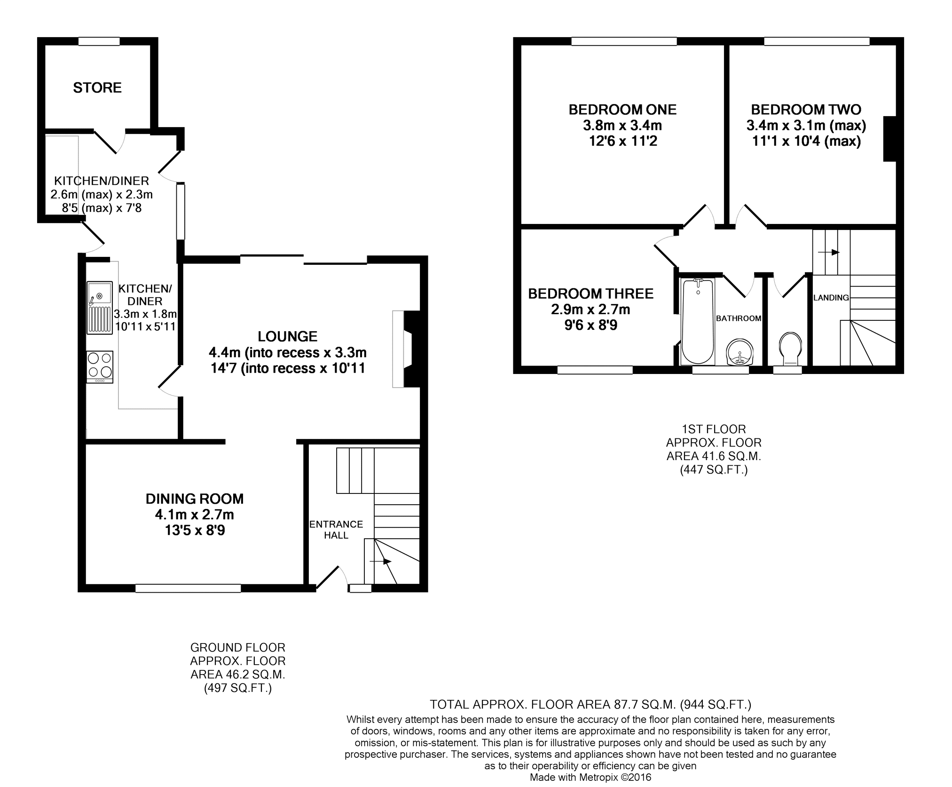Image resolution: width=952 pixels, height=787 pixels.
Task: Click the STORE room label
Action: [97, 87]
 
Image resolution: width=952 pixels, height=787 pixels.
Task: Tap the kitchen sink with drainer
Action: [99, 308]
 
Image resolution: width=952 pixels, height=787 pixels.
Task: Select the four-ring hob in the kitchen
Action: [100, 367]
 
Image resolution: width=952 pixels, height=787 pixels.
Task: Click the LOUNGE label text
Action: [288, 336]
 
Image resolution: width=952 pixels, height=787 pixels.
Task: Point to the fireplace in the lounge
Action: [406, 349]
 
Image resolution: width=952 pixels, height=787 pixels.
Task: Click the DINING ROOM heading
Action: [195, 499]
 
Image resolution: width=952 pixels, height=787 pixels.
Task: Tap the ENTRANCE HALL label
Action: [336, 530]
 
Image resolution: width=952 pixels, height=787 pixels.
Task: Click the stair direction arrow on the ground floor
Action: [380, 561]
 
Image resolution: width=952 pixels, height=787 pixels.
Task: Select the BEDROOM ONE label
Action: [622, 110]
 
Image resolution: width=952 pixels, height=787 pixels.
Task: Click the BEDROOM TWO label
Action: [806, 110]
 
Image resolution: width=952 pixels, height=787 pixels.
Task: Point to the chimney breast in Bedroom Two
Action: [889, 139]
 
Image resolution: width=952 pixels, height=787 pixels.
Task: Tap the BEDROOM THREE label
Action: [591, 294]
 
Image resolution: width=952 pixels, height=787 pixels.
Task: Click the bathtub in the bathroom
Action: [698, 321]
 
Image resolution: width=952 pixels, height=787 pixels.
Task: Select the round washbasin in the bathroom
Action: [740, 352]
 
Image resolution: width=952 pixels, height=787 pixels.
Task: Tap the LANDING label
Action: [831, 298]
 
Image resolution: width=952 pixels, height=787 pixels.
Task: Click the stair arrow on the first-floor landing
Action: [828, 252]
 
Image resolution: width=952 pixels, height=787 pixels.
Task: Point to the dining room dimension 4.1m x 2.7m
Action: [195, 515]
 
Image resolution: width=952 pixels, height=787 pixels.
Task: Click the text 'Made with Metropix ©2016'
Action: [590, 778]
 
